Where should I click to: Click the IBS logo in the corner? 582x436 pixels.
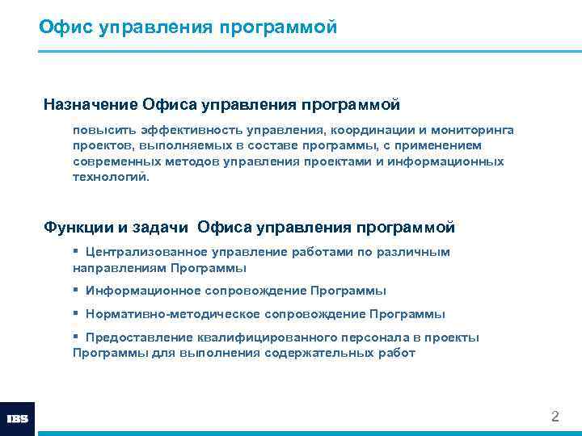click(x=17, y=419)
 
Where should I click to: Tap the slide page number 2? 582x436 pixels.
click(x=555, y=417)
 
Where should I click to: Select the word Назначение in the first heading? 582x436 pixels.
click(x=90, y=104)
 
